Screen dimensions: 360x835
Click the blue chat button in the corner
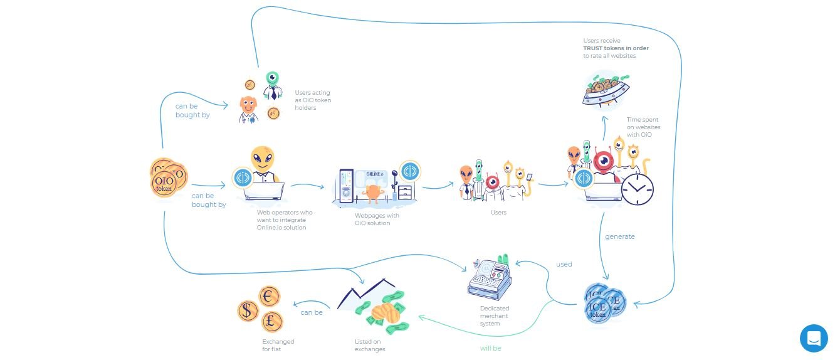pos(814,338)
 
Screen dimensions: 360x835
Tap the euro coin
pos(270,297)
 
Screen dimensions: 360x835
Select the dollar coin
pos(248,310)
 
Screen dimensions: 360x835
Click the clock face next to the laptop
pos(637,189)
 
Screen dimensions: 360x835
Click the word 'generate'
pos(619,236)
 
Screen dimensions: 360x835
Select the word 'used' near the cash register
pos(564,264)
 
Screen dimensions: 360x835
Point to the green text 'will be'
pos(490,348)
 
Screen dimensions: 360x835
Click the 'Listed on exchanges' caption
pos(370,346)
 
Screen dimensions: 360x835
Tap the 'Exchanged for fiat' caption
pos(278,346)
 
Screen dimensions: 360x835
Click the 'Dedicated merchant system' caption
pos(494,315)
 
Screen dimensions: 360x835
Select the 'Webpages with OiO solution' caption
pos(377,219)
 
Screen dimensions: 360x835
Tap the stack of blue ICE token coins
pos(604,305)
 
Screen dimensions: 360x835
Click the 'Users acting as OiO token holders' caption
pos(313,100)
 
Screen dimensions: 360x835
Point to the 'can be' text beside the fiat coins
pos(312,312)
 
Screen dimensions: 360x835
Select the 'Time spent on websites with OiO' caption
pos(643,127)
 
